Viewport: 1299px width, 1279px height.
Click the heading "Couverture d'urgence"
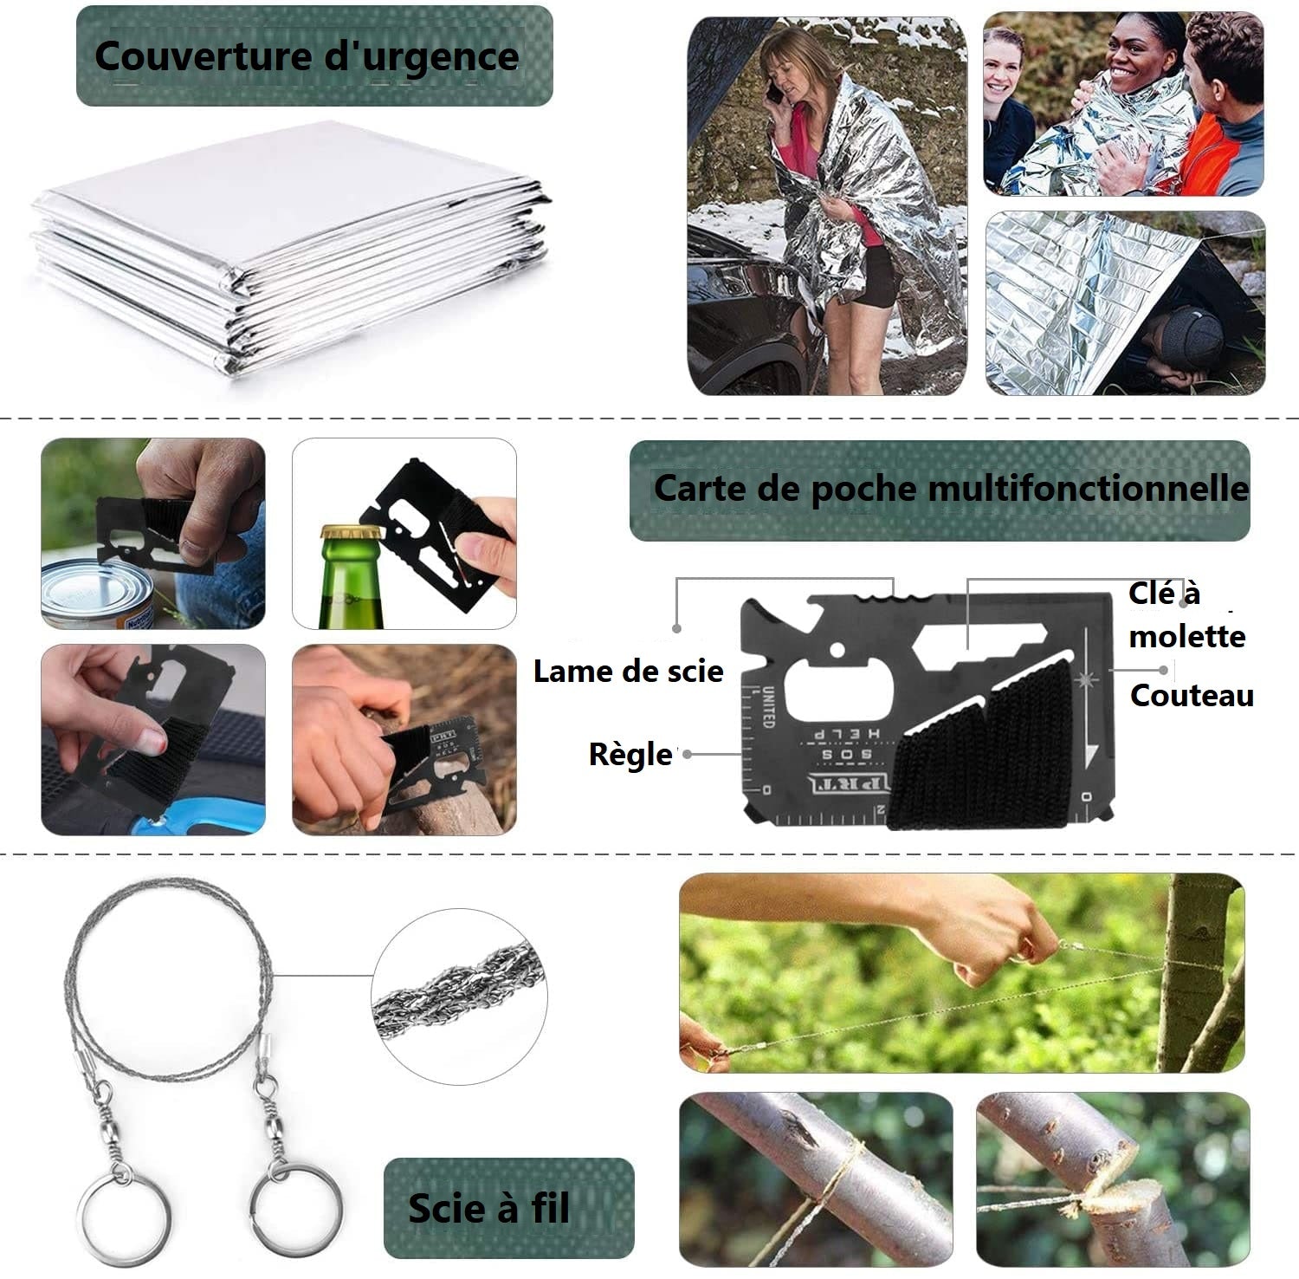[x=307, y=56]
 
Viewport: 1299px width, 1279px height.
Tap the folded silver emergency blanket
[x=286, y=251]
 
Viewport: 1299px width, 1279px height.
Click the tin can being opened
[x=95, y=594]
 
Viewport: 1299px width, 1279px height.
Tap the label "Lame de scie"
[x=628, y=672]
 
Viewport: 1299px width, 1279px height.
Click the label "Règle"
[x=630, y=754]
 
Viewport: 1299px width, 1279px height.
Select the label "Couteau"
[x=1192, y=695]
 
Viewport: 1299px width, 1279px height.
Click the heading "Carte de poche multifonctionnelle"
[x=950, y=489]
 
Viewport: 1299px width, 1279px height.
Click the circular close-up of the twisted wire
[x=459, y=996]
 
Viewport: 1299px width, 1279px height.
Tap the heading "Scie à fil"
[x=489, y=1208]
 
